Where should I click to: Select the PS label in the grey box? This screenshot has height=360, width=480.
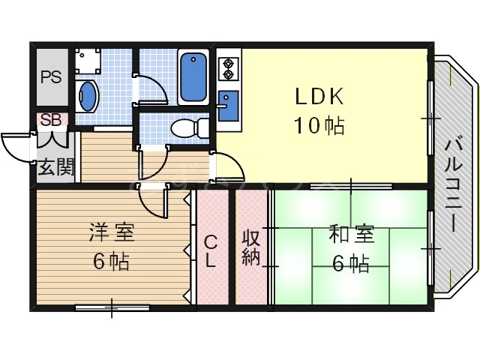point(52,76)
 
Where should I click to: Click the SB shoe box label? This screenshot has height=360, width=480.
point(52,119)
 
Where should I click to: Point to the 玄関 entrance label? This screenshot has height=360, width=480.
point(56,167)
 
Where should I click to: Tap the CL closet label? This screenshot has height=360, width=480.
point(211,251)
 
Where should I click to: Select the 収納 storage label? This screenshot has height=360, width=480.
point(251,247)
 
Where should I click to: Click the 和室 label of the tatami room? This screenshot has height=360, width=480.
point(349,235)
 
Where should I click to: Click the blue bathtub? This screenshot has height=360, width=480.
point(194,77)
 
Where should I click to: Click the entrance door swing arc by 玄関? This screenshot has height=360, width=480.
point(16,145)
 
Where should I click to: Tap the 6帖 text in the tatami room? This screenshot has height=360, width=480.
point(349,264)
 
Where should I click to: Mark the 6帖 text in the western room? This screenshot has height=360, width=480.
point(110,262)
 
